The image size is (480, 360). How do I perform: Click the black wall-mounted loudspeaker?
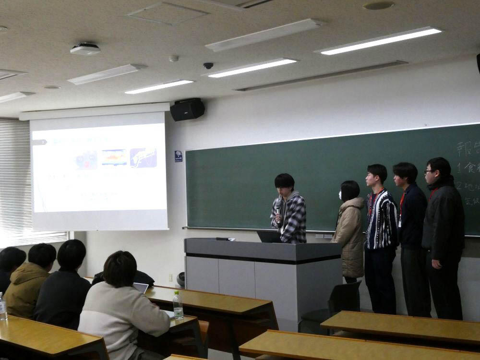point(187,109)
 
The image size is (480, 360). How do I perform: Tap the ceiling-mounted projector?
point(85,49)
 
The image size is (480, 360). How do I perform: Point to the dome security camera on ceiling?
point(208,65)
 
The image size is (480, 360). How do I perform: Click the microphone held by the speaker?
point(278,206)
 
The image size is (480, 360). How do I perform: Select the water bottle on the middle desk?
point(178,305)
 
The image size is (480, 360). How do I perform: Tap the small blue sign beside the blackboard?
point(179,156)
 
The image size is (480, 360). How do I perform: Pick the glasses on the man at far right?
point(429,171)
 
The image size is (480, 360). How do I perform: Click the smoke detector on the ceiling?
point(174,58)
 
